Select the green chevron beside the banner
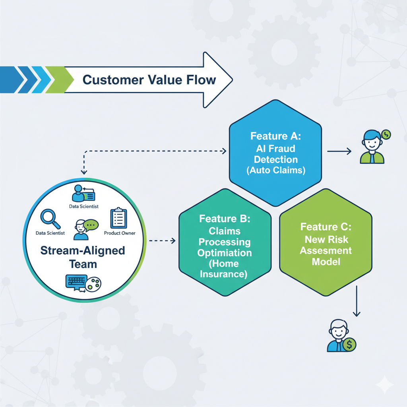[60, 79]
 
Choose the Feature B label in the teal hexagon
[225, 219]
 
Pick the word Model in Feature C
[326, 262]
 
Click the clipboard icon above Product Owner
[118, 218]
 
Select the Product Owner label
[120, 233]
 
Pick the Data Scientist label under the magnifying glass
[50, 233]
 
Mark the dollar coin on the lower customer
[349, 344]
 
